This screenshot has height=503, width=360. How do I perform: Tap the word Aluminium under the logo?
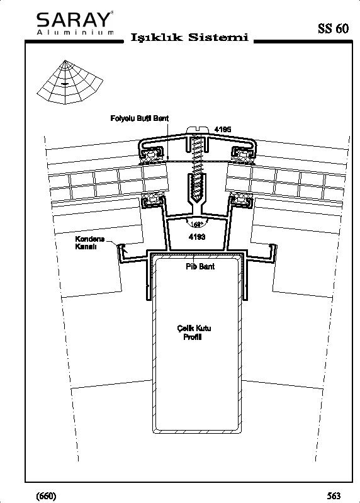75,32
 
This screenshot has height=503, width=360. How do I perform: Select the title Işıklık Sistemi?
189,38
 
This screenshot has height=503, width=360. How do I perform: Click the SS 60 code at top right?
333,28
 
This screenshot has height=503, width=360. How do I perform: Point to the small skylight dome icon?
70,82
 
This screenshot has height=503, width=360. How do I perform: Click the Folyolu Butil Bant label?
140,118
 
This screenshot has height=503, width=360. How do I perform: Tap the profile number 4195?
223,130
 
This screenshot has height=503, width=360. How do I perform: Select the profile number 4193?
197,237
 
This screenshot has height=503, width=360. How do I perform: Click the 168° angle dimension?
197,224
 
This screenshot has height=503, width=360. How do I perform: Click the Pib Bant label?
200,266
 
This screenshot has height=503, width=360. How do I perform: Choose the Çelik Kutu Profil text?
194,332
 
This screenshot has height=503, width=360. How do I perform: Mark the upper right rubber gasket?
242,155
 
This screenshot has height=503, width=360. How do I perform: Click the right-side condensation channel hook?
273,254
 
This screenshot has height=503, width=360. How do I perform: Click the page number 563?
334,495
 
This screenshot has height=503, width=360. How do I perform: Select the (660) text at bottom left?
47,495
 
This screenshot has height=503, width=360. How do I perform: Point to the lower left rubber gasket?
153,200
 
